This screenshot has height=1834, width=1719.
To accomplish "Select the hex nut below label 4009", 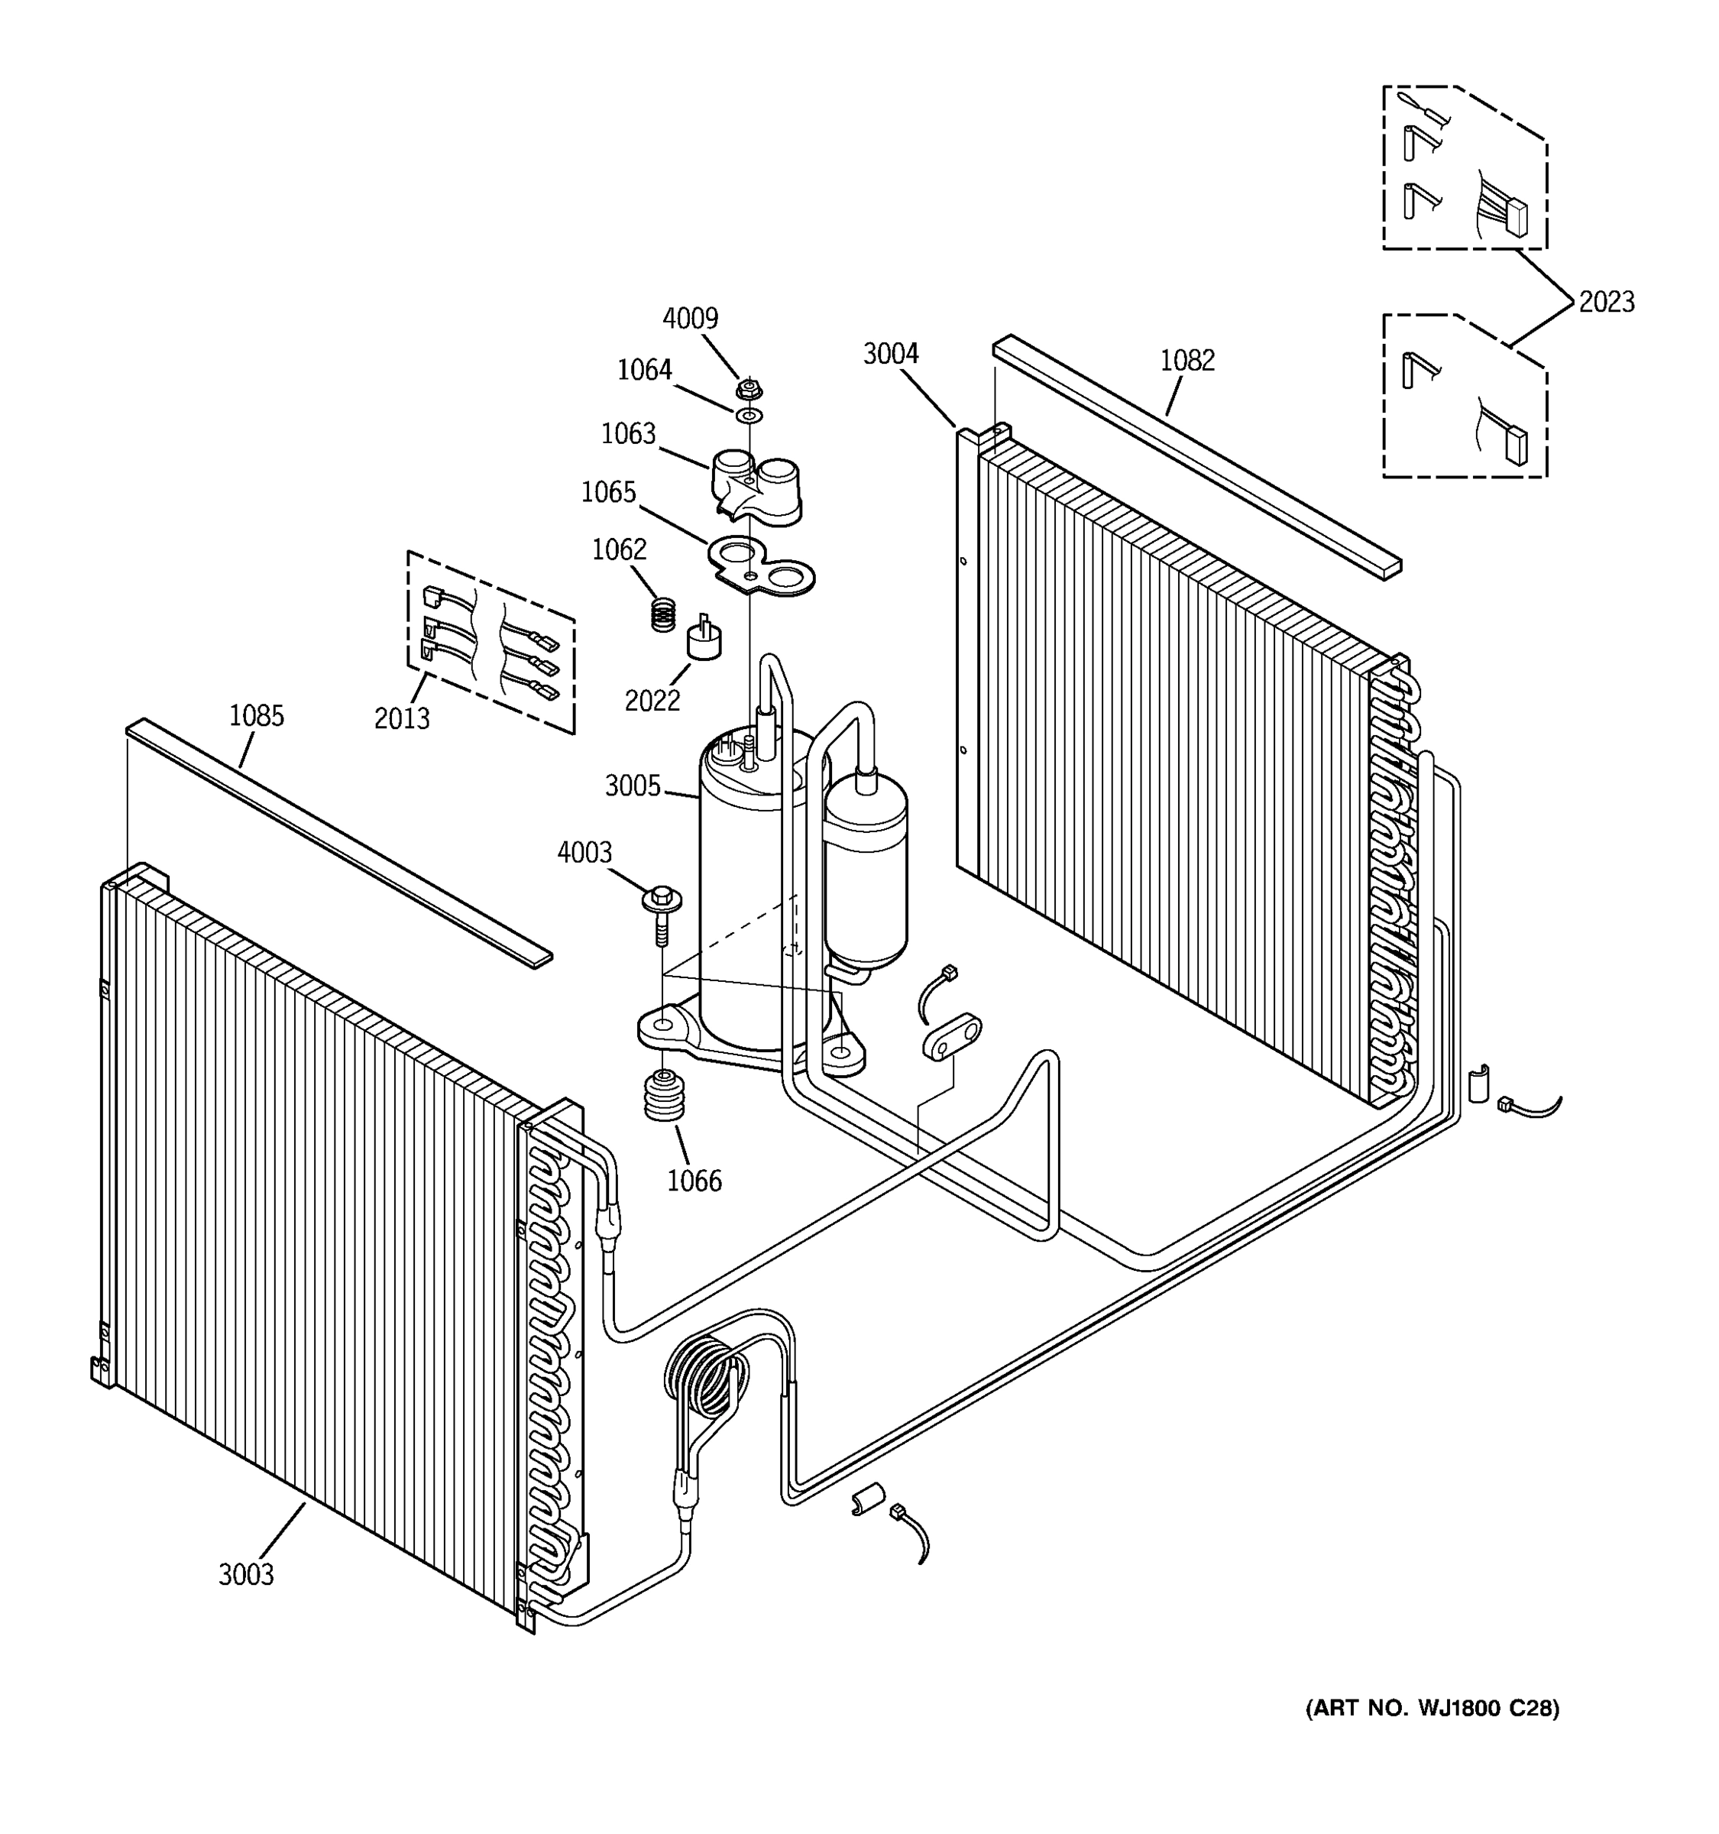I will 749,388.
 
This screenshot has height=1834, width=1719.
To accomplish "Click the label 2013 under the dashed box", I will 401,718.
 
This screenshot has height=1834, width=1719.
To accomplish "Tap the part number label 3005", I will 633,786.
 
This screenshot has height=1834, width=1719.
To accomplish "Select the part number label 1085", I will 257,716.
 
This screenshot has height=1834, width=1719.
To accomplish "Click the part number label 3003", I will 246,1574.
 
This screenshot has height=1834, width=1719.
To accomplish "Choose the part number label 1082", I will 1187,360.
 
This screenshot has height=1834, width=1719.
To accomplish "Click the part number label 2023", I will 1607,302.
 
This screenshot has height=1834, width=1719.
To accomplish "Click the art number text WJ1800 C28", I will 1432,1709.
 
